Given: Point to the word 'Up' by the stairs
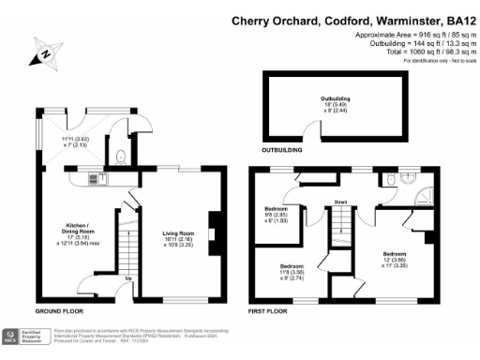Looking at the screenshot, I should (127, 277).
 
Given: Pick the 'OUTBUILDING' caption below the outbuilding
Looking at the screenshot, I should (281, 149).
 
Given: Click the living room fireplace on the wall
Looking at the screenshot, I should (212, 228).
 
